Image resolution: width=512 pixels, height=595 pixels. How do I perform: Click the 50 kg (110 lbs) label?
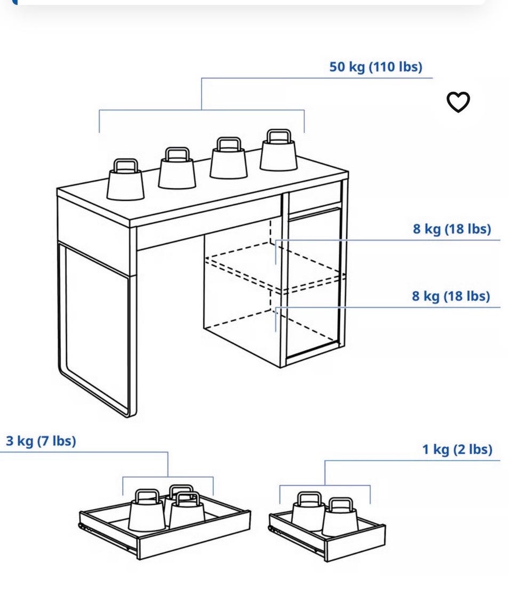[x=376, y=67]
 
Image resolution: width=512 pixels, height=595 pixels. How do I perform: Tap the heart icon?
[x=458, y=102]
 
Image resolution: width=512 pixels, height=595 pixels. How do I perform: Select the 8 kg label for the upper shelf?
[x=452, y=229]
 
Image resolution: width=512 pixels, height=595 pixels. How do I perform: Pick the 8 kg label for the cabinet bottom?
[x=451, y=296]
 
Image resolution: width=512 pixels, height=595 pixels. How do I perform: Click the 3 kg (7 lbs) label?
[x=41, y=441]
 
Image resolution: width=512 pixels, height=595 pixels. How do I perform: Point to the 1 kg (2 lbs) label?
[x=458, y=449]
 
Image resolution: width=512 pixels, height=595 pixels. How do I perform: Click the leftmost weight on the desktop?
[x=126, y=180]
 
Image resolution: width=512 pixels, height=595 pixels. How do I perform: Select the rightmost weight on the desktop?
[x=278, y=150]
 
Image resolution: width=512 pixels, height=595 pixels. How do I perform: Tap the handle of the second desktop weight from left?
[x=177, y=154]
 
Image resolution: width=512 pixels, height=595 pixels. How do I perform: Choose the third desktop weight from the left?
[x=228, y=158]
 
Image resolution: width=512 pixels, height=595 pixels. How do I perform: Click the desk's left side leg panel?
[x=97, y=328]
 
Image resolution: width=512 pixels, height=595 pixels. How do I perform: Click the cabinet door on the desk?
[x=314, y=283]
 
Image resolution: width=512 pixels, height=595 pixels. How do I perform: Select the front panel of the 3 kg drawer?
[x=194, y=535]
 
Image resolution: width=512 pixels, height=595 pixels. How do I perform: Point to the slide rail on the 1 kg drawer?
[x=297, y=539]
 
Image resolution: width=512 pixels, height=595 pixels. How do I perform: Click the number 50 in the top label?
[x=338, y=67]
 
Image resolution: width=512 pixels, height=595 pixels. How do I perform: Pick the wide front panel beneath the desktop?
[x=209, y=222]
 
